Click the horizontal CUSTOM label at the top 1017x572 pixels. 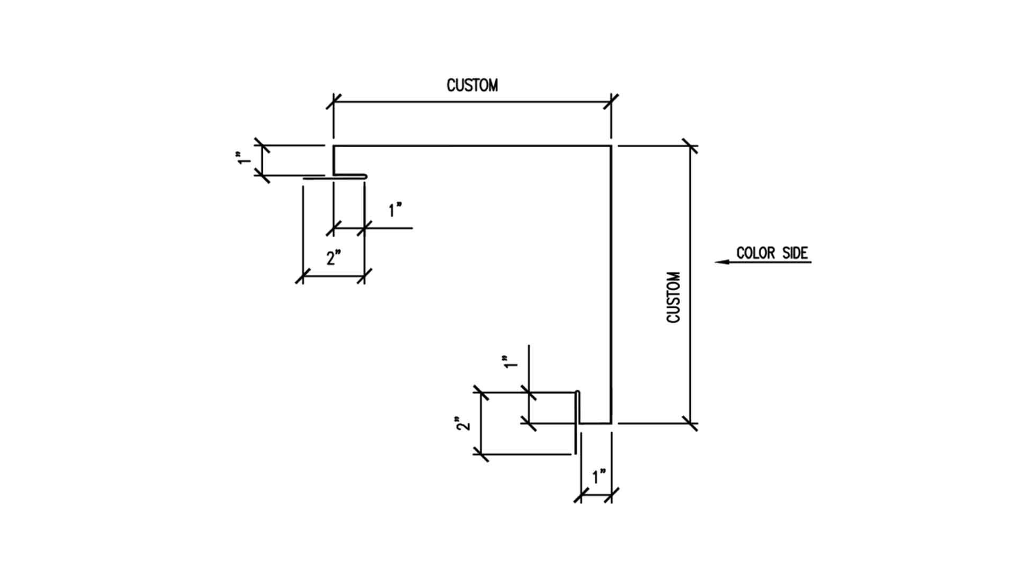(x=472, y=85)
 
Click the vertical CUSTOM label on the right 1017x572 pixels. (x=673, y=297)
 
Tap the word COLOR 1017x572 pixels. (x=755, y=253)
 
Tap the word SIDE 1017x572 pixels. (x=795, y=253)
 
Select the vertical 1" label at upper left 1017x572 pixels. (x=244, y=158)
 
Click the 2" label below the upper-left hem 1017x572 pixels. (x=333, y=258)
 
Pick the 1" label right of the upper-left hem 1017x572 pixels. (x=395, y=210)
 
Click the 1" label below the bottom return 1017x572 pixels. (x=599, y=477)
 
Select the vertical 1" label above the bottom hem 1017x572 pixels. (x=510, y=362)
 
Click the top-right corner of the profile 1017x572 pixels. (x=611, y=146)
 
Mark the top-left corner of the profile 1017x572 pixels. (x=334, y=146)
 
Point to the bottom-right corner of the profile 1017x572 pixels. (x=611, y=423)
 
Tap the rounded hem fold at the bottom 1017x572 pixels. (x=578, y=393)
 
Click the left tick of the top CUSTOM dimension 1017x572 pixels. (x=333, y=102)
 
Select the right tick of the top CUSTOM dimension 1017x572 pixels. (x=611, y=102)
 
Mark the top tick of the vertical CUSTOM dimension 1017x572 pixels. (x=690, y=146)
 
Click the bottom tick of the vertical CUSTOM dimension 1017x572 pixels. (x=690, y=423)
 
